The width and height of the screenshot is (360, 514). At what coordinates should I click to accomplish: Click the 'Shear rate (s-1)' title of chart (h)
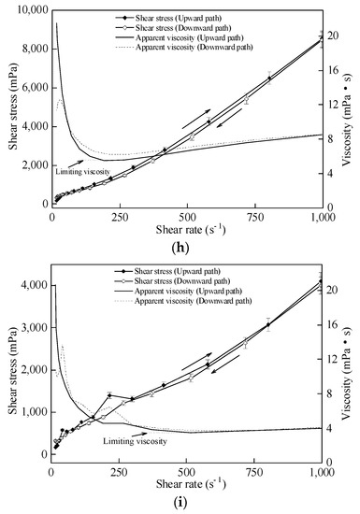[x=185, y=229]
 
